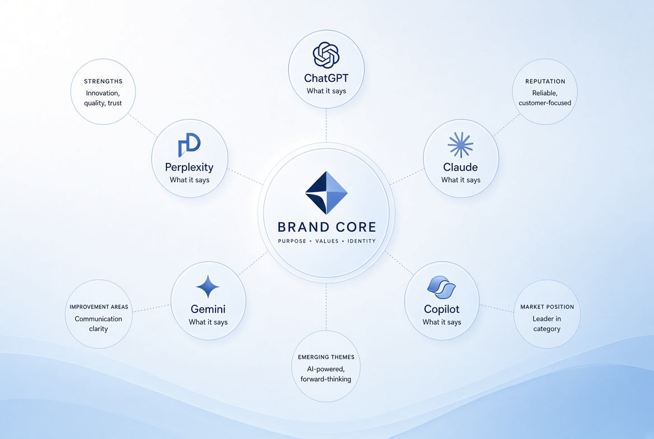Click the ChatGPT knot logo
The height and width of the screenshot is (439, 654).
point(326,55)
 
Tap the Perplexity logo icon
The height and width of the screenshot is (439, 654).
point(189,145)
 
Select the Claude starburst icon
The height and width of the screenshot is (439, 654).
point(460,145)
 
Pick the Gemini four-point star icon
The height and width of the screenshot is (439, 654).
point(208,287)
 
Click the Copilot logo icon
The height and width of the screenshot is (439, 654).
point(442,287)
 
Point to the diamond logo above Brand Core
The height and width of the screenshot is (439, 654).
point(326,193)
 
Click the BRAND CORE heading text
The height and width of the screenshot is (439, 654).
point(326,227)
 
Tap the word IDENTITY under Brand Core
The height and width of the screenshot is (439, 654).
point(362,241)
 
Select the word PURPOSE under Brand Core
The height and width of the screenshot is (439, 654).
point(292,241)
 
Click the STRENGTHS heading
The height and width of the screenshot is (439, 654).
point(103,81)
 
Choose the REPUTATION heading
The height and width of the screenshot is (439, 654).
point(545,81)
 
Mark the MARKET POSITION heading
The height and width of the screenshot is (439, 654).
point(547,307)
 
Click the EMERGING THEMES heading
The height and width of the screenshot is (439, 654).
point(326,357)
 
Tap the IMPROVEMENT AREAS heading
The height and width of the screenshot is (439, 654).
point(99,307)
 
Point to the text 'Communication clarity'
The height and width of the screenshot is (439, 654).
point(99,324)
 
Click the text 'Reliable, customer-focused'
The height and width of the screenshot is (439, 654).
point(545,98)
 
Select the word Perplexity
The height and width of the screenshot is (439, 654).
point(189,167)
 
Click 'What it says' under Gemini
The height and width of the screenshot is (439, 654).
point(208,322)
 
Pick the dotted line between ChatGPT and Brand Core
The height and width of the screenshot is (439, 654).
point(326,125)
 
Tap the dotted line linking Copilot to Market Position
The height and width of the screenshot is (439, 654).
point(496,309)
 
